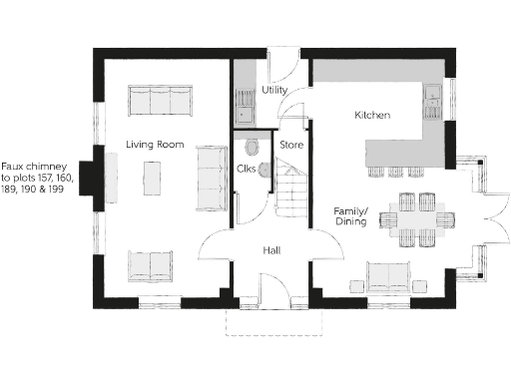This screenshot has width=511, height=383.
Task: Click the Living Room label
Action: [x=156, y=145]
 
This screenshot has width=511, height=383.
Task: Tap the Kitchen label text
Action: [x=372, y=116]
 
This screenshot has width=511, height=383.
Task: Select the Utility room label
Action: [x=274, y=91]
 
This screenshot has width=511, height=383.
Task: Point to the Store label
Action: [x=291, y=146]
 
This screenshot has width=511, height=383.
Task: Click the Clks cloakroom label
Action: [x=246, y=169]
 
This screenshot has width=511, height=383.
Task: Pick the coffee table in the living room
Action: [x=152, y=179]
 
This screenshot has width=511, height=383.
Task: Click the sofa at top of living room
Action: [x=159, y=101]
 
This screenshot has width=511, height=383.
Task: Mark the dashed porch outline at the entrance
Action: [x=272, y=321]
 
